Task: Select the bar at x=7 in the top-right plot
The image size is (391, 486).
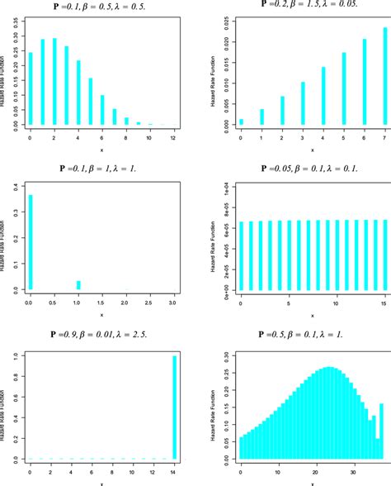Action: pyautogui.click(x=384, y=76)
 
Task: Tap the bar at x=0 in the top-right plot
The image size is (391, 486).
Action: pyautogui.click(x=242, y=121)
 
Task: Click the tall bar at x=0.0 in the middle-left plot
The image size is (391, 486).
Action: pyautogui.click(x=31, y=243)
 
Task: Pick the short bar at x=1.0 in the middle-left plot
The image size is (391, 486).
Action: pyautogui.click(x=79, y=285)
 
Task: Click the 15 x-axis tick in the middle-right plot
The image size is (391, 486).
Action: pyautogui.click(x=383, y=303)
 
